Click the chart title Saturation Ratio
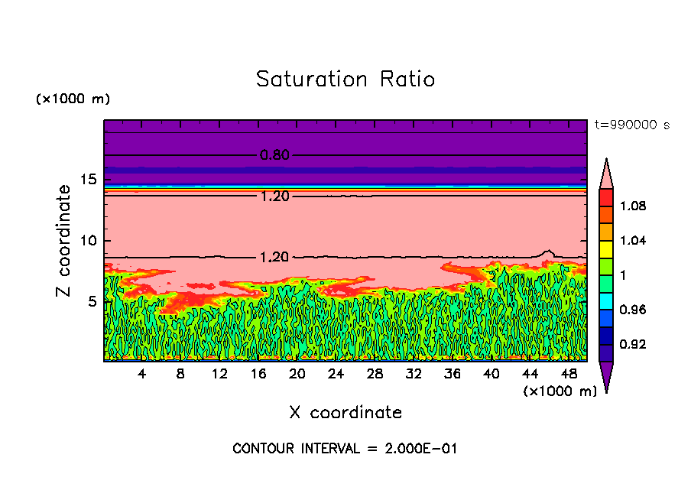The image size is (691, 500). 345,79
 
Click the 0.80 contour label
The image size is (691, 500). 274,155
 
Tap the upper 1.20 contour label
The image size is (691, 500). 274,196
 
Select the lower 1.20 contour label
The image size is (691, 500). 274,258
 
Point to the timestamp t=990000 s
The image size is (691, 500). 632,125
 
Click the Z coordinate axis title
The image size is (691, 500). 64,241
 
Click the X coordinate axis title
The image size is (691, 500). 345,413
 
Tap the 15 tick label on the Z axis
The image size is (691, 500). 88,180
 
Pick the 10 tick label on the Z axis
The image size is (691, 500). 88,241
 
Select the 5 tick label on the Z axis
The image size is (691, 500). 92,301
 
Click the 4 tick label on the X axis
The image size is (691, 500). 142,374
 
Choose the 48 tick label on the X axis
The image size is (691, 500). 569,374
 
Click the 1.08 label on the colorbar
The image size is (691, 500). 633,206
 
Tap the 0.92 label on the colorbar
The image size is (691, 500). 633,345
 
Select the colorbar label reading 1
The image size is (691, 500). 623,275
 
